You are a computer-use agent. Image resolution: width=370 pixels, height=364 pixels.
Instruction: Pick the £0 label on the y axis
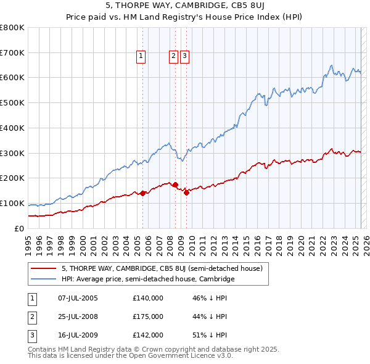pyautogui.click(x=20, y=228)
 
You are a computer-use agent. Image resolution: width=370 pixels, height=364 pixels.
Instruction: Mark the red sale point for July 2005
pyautogui.click(x=143, y=193)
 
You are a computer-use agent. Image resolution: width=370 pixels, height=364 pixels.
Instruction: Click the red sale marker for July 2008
pyautogui.click(x=176, y=184)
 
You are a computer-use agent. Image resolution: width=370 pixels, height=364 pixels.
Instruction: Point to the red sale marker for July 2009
pyautogui.click(x=186, y=192)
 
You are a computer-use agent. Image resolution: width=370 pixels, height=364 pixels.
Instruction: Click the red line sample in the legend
pyautogui.click(x=43, y=268)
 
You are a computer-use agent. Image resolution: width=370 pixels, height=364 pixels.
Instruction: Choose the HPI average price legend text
pyautogui.click(x=148, y=279)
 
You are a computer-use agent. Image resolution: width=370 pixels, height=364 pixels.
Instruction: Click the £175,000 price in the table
pyautogui.click(x=147, y=316)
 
